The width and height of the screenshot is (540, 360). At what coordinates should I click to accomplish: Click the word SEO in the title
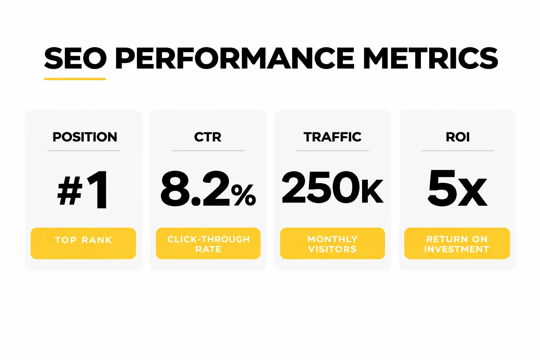coord(75,58)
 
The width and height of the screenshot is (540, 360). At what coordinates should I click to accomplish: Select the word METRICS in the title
coord(431,58)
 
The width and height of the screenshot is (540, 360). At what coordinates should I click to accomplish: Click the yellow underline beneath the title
coord(75,79)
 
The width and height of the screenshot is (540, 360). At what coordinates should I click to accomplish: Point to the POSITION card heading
coord(85,137)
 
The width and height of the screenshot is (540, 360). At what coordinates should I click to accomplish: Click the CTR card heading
coord(208,137)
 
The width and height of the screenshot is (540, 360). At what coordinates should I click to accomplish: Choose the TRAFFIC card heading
coord(333,137)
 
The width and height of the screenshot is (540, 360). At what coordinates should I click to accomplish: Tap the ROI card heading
coord(458,137)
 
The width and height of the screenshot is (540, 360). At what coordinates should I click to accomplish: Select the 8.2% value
coord(208,189)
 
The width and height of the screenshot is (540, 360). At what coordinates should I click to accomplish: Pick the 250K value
coord(333,188)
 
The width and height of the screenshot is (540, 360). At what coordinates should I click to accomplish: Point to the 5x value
coord(457,188)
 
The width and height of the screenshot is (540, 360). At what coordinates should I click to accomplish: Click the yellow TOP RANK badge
coord(83,243)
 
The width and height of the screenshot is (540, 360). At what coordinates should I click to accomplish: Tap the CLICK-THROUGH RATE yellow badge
coord(208,243)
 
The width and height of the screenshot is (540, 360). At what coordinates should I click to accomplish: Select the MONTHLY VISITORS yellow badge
coord(333,243)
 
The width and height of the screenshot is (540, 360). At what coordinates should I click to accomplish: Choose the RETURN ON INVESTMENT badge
coord(457,243)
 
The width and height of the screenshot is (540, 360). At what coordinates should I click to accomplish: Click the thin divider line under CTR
coord(208,151)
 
